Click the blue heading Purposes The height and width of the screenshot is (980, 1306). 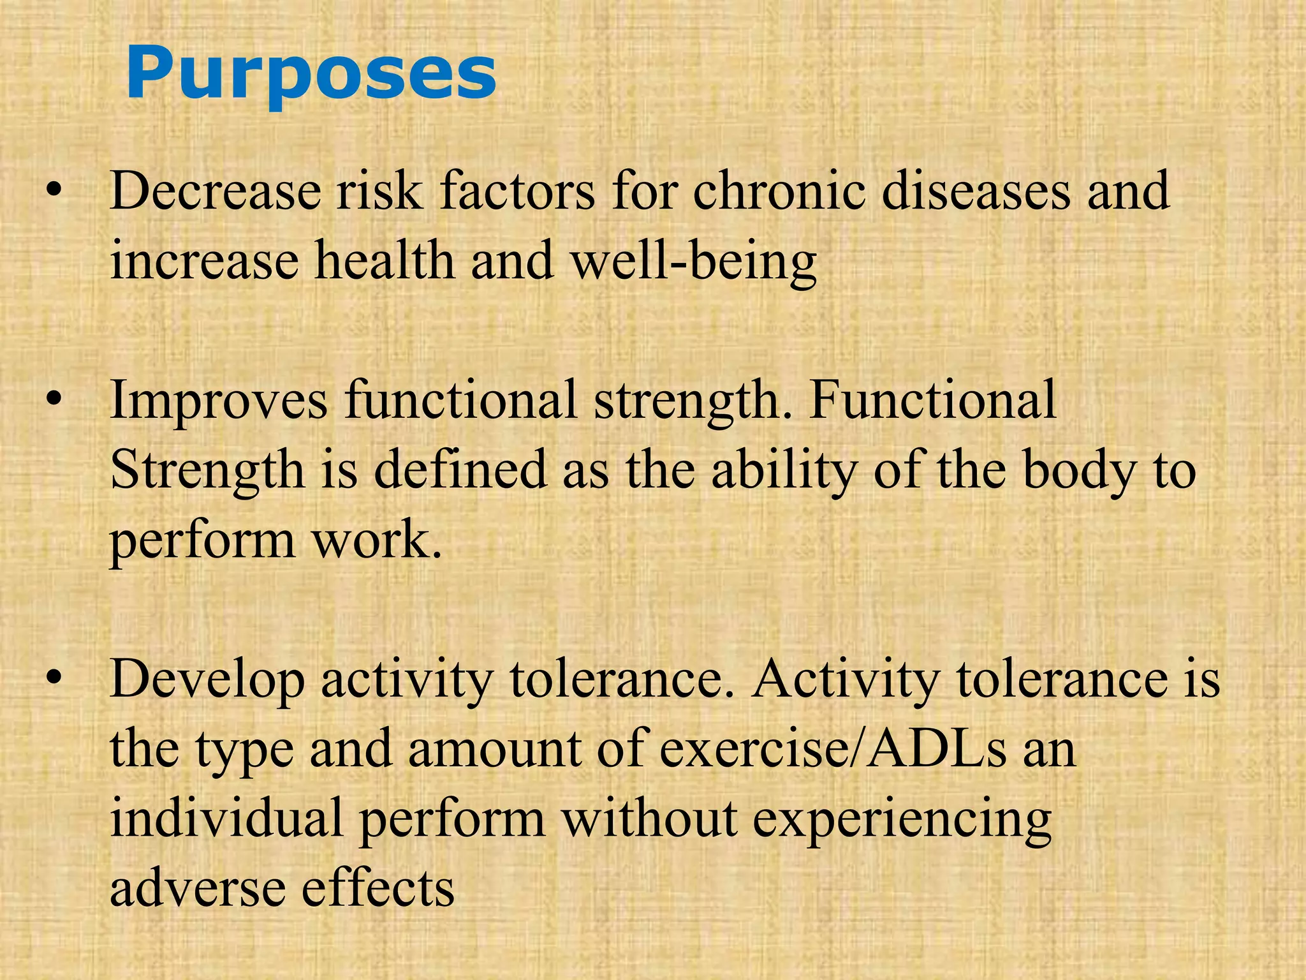point(311,75)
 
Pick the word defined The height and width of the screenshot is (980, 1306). point(460,470)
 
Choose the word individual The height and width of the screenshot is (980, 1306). point(226,818)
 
